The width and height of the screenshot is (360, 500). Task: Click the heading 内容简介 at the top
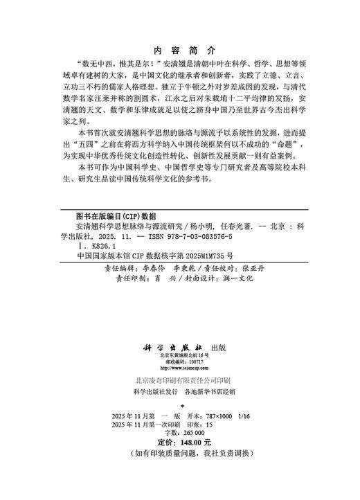click(179, 51)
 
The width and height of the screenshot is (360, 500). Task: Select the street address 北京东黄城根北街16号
click(179, 355)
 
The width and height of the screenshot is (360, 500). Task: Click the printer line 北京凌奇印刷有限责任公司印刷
click(179, 381)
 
